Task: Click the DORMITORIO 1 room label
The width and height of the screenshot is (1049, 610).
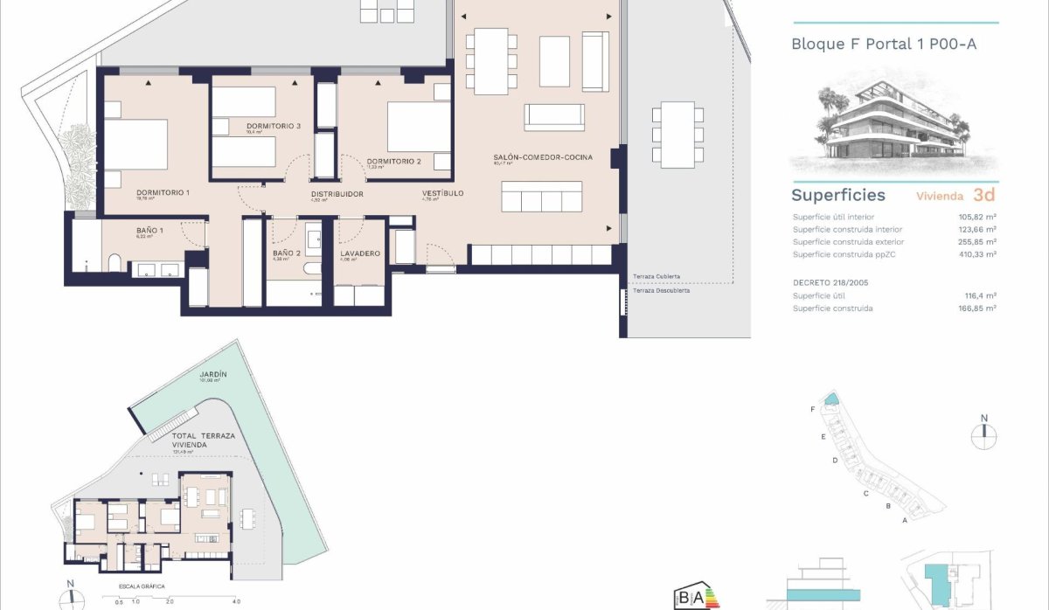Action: (x=163, y=191)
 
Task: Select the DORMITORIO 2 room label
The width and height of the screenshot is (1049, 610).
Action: (x=394, y=161)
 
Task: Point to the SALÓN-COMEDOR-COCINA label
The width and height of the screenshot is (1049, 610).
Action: (x=543, y=157)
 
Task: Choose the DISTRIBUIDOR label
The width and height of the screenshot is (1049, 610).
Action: (x=337, y=194)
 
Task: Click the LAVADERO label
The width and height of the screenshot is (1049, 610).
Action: (x=359, y=253)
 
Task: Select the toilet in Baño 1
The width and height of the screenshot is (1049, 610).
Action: (x=115, y=265)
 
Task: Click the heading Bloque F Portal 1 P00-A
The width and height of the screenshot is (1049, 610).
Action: (x=883, y=43)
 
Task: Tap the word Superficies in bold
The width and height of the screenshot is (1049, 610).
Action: (x=837, y=195)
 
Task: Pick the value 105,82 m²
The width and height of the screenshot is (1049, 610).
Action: (x=977, y=217)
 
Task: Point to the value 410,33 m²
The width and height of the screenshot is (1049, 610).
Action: (x=977, y=254)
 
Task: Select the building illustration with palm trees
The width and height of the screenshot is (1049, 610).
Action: (x=894, y=128)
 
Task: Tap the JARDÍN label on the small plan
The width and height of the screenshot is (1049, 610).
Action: (x=213, y=374)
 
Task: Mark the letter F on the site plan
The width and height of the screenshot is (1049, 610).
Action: (x=813, y=409)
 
